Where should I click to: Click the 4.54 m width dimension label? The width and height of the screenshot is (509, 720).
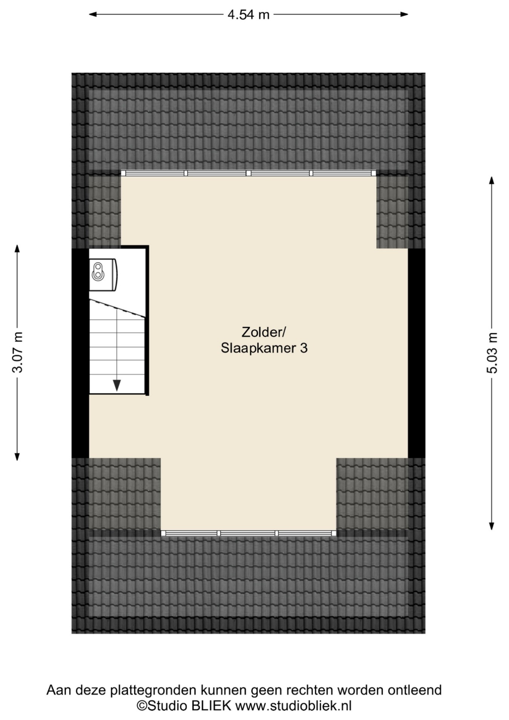coord(248,15)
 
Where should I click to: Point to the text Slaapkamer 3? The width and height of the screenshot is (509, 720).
coord(264,348)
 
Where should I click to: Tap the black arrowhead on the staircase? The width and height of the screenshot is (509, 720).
coord(117,385)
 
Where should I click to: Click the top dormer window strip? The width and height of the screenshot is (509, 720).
coord(248,173)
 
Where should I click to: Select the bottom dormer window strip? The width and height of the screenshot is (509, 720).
coord(248,533)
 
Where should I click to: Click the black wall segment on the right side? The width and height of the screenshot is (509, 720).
coord(417,353)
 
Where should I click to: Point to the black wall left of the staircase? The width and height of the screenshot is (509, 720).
coord(80,353)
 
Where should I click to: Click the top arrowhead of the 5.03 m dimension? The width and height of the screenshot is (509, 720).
coord(492,180)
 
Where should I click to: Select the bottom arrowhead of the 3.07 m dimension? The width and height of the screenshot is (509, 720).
coord(17,456)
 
